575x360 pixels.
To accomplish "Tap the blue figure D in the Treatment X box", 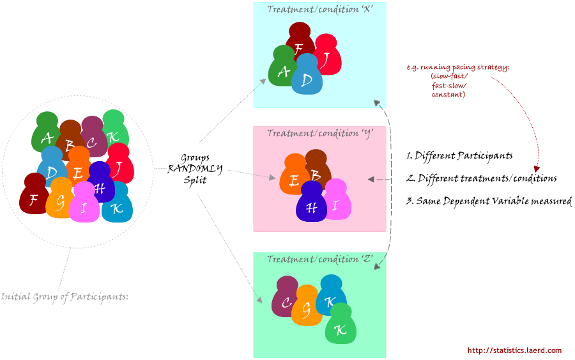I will click(x=307, y=80).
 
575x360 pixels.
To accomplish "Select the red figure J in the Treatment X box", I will click(x=326, y=59).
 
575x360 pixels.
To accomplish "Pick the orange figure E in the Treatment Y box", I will click(x=294, y=180).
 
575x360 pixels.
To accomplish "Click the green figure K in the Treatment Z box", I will click(x=341, y=329).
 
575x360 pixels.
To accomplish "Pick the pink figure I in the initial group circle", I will click(x=82, y=207).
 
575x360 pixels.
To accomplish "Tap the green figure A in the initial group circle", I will click(x=46, y=136).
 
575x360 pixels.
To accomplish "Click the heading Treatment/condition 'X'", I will click(x=319, y=9).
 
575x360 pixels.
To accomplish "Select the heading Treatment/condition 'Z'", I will click(x=319, y=259).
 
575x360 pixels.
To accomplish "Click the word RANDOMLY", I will click(x=195, y=169).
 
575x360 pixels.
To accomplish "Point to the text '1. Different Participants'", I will click(x=459, y=155).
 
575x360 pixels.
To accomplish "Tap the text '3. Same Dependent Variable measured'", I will click(x=489, y=201).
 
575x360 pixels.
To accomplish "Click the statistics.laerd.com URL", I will click(x=514, y=350).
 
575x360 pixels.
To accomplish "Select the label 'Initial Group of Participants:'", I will click(x=65, y=297).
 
